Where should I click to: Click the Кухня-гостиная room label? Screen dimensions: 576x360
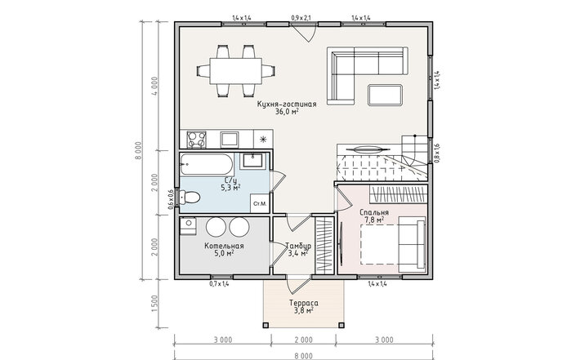click(x=287, y=104)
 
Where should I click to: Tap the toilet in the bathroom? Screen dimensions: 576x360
click(x=190, y=198)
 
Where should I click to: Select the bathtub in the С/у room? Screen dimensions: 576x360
click(x=207, y=164)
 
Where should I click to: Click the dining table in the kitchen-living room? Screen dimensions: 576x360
click(x=236, y=71)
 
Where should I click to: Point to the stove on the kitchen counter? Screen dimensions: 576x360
click(x=197, y=139)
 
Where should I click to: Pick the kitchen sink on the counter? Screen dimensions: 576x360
click(x=230, y=140)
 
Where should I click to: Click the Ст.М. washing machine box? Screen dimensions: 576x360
click(x=260, y=203)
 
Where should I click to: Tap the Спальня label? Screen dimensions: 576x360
click(x=374, y=212)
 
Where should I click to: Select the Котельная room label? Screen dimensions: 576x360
click(x=224, y=246)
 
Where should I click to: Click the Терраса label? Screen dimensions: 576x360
click(x=303, y=304)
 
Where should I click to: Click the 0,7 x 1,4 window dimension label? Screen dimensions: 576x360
click(x=219, y=283)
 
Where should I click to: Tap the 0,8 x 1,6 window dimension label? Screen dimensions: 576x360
click(x=437, y=153)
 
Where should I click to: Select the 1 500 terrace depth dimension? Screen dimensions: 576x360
click(x=154, y=304)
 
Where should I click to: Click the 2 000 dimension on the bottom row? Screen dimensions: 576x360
click(x=303, y=340)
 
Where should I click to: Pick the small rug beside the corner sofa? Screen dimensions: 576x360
click(x=385, y=95)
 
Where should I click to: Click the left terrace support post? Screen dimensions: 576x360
click(x=266, y=325)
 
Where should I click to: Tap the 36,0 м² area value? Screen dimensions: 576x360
click(x=287, y=112)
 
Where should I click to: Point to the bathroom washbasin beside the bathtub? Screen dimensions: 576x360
click(x=253, y=160)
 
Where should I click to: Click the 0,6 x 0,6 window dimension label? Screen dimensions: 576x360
click(x=171, y=200)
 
